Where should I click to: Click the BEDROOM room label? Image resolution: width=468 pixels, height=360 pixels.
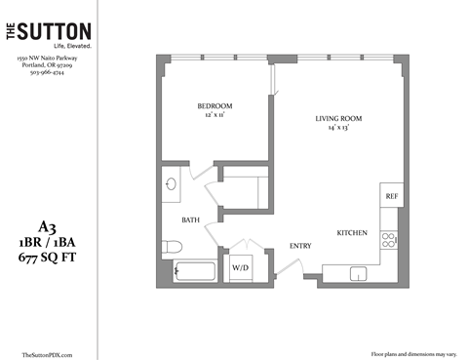pyautogui.click(x=214, y=104)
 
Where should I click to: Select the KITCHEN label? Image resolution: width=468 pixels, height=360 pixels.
pyautogui.click(x=351, y=234)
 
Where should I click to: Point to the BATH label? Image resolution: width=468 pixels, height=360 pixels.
pyautogui.click(x=191, y=221)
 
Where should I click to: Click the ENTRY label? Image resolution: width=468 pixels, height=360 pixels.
pyautogui.click(x=299, y=246)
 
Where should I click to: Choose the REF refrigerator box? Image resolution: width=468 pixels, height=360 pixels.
pyautogui.click(x=392, y=196)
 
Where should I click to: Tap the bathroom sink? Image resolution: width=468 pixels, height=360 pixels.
pyautogui.click(x=171, y=183)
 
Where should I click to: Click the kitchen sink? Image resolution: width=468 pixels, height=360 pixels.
pyautogui.click(x=359, y=273)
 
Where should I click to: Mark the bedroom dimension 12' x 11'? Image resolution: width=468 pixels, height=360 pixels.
pyautogui.click(x=214, y=115)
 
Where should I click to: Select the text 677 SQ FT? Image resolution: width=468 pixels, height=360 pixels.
pyautogui.click(x=48, y=258)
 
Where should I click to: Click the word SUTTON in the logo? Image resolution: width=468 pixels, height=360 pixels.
pyautogui.click(x=59, y=32)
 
